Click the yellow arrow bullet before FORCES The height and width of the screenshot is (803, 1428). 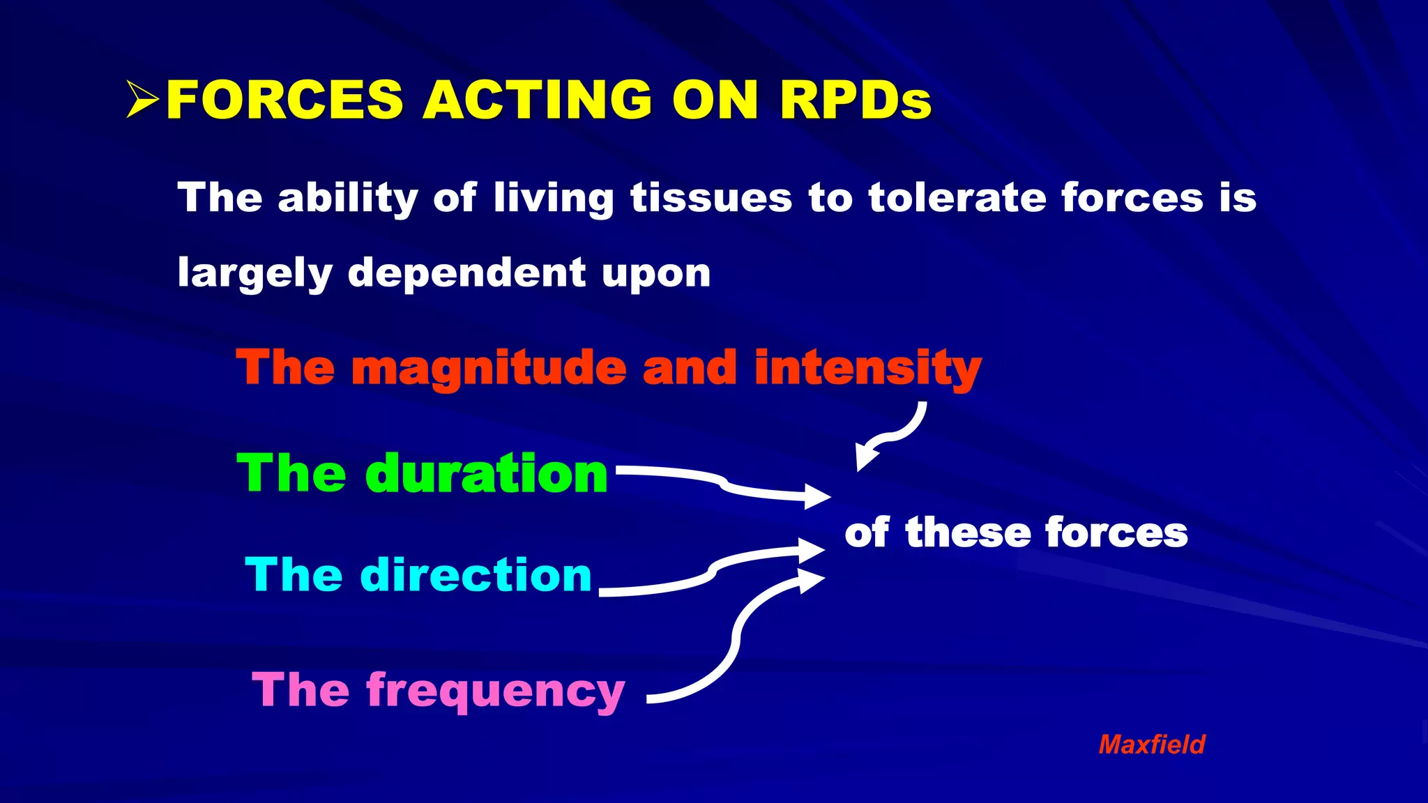tap(143, 100)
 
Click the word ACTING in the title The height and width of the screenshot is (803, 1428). tap(537, 100)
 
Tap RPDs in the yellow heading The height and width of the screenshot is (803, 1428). tap(855, 100)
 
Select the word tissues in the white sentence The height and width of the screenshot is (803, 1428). tap(711, 198)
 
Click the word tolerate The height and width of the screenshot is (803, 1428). tap(956, 198)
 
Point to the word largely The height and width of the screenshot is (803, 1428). tap(255, 273)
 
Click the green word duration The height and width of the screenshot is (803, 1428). tap(486, 474)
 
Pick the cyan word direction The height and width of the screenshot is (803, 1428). tap(476, 575)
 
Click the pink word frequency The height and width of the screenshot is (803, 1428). tap(495, 691)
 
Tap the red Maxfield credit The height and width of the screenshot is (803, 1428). tap(1151, 744)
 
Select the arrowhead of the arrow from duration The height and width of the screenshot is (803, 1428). tap(816, 497)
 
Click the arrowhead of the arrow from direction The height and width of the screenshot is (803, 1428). tap(811, 551)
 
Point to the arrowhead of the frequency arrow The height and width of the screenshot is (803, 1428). tap(810, 580)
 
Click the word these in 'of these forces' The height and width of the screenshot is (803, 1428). tap(967, 533)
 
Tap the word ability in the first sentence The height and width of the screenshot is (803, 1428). tap(347, 198)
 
